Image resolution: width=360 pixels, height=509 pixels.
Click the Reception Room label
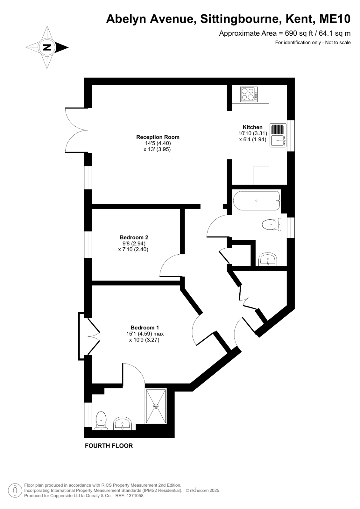pos(158,137)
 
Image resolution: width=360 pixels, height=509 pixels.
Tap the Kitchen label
pos(252,127)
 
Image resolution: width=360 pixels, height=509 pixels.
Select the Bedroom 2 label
pos(134,237)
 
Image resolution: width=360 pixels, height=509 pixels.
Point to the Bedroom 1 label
pos(145,328)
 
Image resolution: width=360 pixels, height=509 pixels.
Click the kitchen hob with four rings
pos(249,94)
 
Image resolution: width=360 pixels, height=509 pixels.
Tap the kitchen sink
pos(278,135)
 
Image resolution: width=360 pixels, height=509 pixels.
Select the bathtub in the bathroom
pos(256,201)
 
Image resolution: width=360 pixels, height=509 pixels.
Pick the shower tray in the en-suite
pos(156,406)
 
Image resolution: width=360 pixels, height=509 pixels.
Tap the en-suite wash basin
pos(122,423)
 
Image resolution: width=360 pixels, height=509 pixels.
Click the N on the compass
pos(47,47)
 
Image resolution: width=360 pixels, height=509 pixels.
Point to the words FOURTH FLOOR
pos(109,446)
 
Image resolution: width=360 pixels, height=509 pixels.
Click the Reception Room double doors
pos(76,130)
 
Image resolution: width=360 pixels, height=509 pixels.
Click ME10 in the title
pos(335,19)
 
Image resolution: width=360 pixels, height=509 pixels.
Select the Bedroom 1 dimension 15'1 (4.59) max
pos(145,334)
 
